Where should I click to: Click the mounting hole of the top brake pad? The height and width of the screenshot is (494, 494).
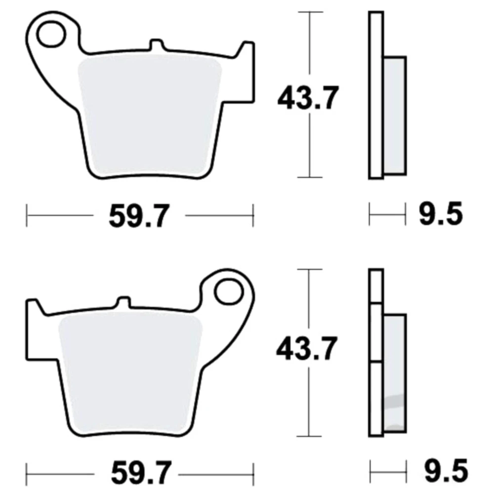pos(51,34)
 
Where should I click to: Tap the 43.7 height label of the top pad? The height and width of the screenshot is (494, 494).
pos(308,98)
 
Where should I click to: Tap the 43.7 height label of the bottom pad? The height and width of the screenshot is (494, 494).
pos(307,348)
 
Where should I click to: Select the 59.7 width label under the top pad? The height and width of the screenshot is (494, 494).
pos(139,216)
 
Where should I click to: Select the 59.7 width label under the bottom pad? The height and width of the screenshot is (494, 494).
pos(141,473)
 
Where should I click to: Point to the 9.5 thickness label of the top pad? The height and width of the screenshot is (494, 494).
pos(441,213)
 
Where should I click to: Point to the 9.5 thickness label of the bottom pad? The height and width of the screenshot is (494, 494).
pos(446,470)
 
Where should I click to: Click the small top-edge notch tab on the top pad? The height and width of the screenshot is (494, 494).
pos(157,45)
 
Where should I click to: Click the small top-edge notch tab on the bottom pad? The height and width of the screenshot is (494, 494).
pos(124,302)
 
